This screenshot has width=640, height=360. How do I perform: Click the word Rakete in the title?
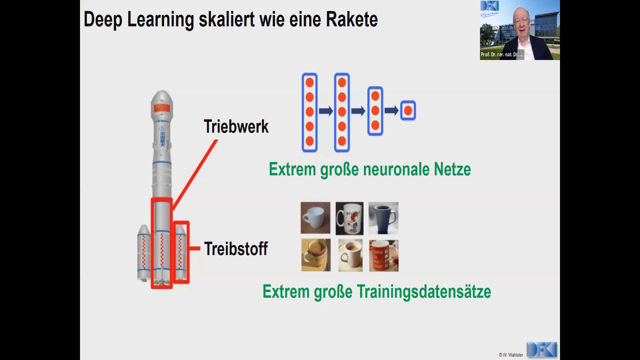[x=352, y=19]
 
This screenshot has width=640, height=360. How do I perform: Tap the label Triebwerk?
[x=236, y=127]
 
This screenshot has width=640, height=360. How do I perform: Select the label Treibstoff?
[x=236, y=249]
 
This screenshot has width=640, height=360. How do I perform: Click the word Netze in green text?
[x=452, y=169]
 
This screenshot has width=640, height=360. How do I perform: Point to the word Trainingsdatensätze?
[x=424, y=292]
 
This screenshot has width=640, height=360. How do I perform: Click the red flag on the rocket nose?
[x=162, y=108]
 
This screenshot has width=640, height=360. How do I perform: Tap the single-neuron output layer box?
[x=408, y=110]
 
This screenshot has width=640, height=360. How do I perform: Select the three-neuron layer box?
[x=375, y=111]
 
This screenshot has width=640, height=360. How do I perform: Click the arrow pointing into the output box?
[x=391, y=110]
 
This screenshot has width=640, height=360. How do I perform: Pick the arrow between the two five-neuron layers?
[x=326, y=111]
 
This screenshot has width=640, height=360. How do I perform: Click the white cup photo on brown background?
[x=315, y=218]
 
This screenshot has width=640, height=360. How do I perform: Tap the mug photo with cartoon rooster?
[x=349, y=218]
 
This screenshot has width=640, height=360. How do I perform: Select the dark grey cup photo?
[x=383, y=218]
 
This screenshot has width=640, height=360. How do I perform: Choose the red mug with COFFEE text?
[x=384, y=256]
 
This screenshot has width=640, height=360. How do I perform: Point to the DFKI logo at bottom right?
[x=542, y=350]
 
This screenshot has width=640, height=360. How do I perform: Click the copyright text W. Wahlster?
[x=511, y=355]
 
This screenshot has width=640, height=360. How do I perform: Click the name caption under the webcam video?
[x=502, y=54]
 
